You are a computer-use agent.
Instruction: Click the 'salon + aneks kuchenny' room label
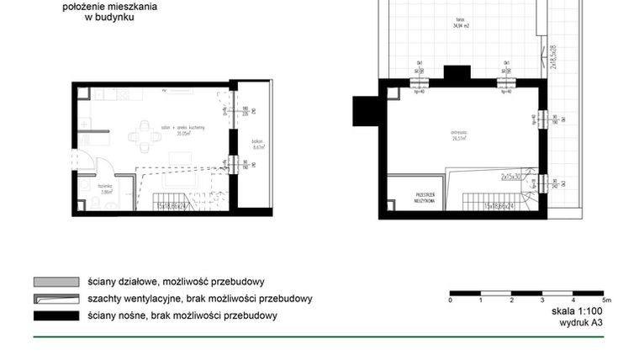[181, 130]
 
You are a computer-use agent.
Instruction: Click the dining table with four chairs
[145, 135]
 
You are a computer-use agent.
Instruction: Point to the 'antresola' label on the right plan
[458, 133]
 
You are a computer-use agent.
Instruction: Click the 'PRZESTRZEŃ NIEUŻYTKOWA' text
[423, 198]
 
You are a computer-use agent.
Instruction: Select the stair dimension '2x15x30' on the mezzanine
[515, 177]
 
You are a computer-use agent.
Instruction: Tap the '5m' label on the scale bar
[606, 299]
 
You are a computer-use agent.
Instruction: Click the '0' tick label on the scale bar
[452, 299]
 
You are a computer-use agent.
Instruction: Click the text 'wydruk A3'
[581, 321]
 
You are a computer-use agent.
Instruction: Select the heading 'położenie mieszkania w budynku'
[110, 10]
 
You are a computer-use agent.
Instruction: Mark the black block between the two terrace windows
[457, 73]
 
